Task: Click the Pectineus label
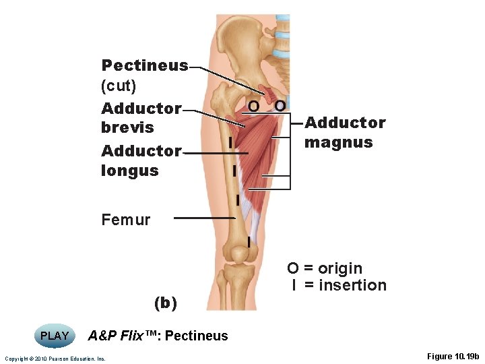pyautogui.click(x=144, y=65)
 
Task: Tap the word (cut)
pyautogui.click(x=119, y=86)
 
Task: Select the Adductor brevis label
pyautogui.click(x=141, y=117)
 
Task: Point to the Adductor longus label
pyautogui.click(x=141, y=160)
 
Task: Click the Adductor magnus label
pyautogui.click(x=345, y=132)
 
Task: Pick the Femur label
pyautogui.click(x=125, y=219)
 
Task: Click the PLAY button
pyautogui.click(x=55, y=336)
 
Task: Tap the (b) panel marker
pyautogui.click(x=166, y=303)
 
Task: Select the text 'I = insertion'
pyautogui.click(x=339, y=285)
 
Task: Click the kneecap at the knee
pyautogui.click(x=238, y=254)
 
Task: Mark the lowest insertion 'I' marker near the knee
pyautogui.click(x=249, y=241)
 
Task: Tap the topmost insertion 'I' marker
pyautogui.click(x=230, y=143)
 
